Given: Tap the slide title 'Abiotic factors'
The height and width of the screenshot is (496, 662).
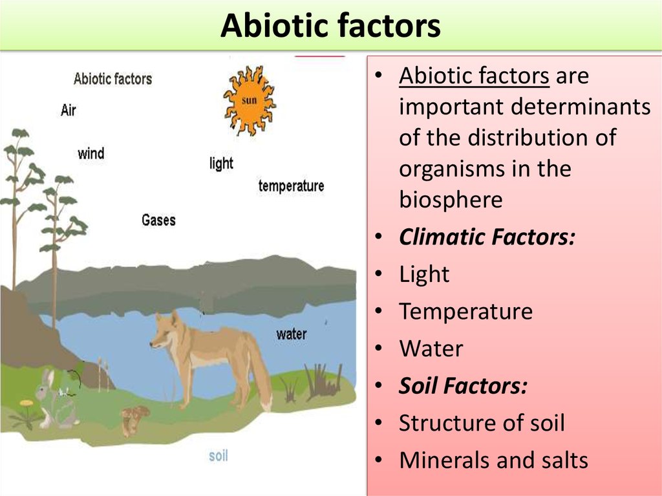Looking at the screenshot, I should coord(330,27).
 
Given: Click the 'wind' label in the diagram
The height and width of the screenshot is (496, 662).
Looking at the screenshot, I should coord(91,154).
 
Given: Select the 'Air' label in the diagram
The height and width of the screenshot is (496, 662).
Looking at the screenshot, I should coord(69,110).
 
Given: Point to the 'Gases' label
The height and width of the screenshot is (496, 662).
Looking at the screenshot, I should coord(158,221).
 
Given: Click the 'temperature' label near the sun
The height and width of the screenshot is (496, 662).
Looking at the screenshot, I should coord(291,186).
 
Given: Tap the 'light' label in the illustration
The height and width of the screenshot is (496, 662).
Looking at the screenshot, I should coord(221,163).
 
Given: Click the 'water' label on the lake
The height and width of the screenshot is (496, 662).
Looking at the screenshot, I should coord(291,334).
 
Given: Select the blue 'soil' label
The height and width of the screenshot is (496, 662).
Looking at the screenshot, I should coord(218,456).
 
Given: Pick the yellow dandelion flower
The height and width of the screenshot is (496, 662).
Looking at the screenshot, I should coord(26,405).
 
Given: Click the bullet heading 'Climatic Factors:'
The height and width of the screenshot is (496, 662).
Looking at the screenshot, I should coord(487,237).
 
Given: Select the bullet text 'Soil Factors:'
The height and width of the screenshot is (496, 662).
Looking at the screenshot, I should coord(463,387).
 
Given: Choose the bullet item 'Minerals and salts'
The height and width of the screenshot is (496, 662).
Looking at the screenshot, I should coord(493,460).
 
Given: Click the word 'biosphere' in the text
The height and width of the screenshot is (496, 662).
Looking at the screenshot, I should coord(450,200).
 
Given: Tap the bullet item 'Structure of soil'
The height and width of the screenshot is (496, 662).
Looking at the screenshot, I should coord(482,424).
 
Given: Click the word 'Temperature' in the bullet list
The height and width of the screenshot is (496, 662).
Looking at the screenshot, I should coord(465,312).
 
